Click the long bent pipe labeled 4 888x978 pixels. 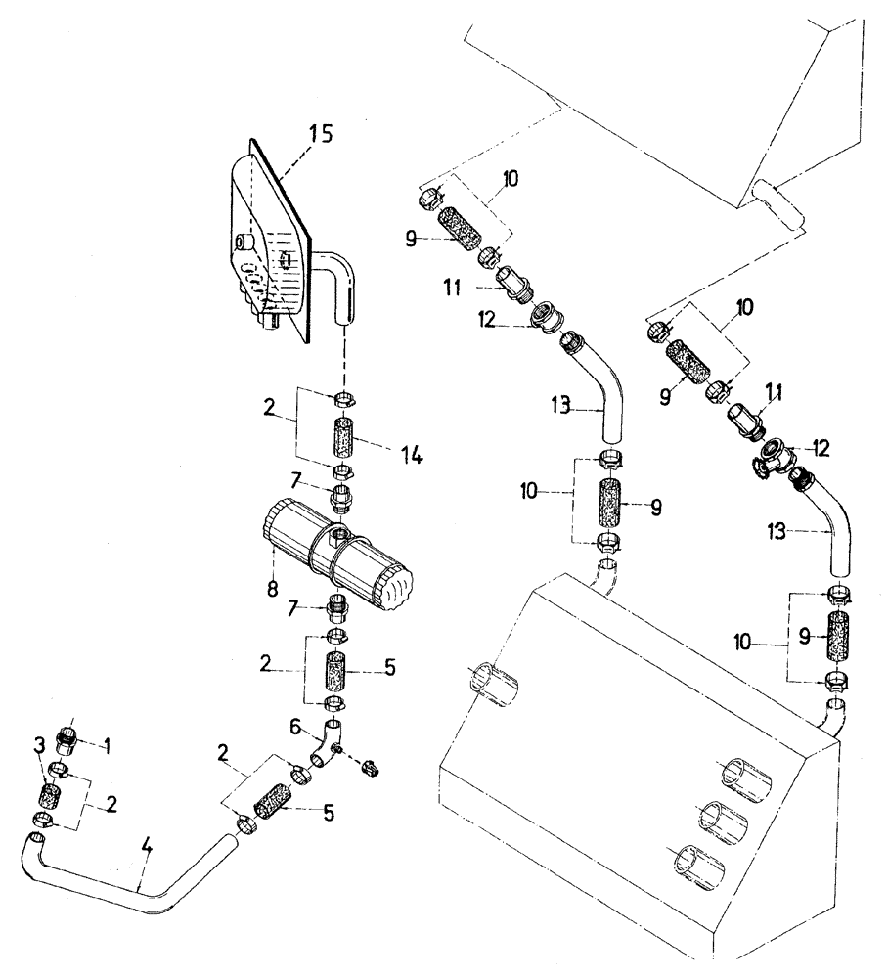(147, 885)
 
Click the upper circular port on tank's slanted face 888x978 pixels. (744, 778)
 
